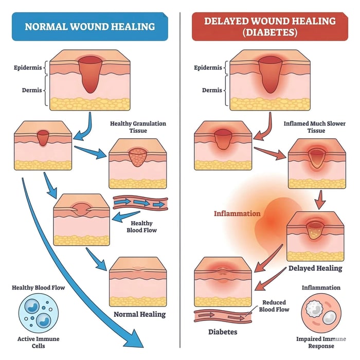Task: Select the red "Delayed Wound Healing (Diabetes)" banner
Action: pos(269,26)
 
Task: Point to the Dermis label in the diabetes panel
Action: pos(212,91)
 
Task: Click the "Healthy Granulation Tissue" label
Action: pos(138,127)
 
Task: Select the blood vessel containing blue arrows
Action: pos(140,204)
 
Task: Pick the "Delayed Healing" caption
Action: pos(315,268)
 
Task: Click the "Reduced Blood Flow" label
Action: pos(276,306)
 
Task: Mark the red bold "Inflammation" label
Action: pos(237,213)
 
